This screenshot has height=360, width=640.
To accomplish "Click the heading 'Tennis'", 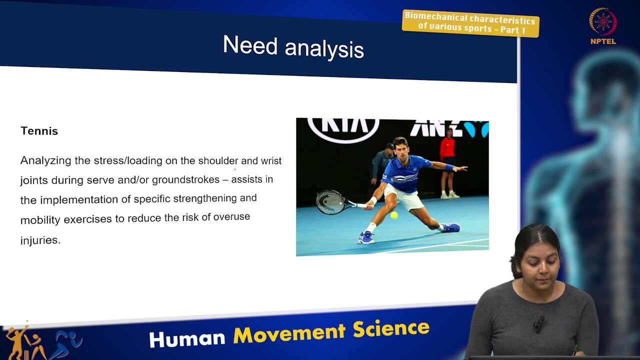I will click(39, 131).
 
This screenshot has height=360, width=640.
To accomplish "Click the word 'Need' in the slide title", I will click(249, 45).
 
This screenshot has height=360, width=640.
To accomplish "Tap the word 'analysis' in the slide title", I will click(324, 49).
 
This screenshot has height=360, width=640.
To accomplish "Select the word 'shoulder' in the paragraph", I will click(218, 160).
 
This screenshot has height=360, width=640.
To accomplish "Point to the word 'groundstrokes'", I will click(185, 179).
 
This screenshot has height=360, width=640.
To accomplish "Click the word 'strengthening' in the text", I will click(205, 198).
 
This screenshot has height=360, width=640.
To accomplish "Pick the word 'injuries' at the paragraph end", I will click(40, 240).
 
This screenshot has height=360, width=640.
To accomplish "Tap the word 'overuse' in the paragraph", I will click(231, 217).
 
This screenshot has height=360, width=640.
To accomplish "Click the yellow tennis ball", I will click(394, 215).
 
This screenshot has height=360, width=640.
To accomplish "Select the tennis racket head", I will click(330, 201).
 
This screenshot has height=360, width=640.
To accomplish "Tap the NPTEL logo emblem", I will click(603, 22).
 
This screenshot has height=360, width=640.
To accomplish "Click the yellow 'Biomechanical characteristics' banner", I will click(470, 23).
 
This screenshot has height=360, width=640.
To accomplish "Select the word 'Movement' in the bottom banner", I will click(289, 333).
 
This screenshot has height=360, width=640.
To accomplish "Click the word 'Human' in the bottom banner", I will click(187, 338).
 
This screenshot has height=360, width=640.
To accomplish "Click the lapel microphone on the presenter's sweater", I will click(538, 323).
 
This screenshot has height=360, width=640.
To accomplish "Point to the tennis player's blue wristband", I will click(448, 167).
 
